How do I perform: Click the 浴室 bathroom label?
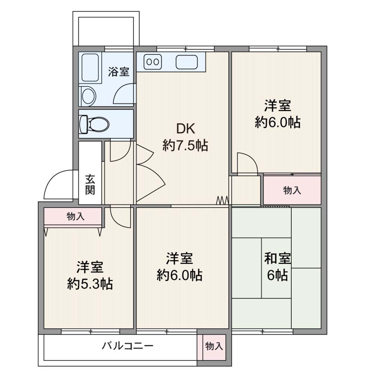119,72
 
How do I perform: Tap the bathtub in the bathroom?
90,67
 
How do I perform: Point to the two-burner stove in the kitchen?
153,61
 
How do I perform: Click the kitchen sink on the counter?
187,62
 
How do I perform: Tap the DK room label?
186,129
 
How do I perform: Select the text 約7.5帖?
185,145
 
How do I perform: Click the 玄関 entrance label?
90,184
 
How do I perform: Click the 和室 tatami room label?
277,258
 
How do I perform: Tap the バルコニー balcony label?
127,346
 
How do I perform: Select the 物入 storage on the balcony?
214,346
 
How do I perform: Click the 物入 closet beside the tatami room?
292,190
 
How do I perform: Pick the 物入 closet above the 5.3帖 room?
73,216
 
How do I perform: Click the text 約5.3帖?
90,284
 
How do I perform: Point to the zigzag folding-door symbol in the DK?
223,200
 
